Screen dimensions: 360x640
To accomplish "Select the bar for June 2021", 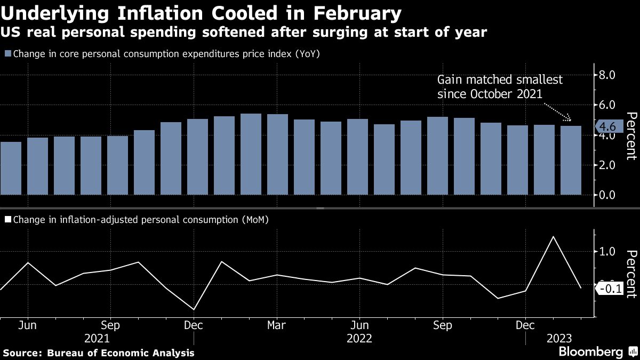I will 37,166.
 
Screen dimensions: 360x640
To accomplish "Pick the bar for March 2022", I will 277,154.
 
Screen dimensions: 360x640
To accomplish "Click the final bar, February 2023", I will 571,160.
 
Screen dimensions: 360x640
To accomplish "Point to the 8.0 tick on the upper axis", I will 609,75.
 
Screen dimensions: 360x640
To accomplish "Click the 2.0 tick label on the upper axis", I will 609,165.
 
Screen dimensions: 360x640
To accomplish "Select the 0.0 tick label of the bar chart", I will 609,195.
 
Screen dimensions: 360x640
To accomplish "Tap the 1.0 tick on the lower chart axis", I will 609,252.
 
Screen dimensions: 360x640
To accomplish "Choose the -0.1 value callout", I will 609,289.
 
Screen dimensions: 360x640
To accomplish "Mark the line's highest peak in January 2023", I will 554,236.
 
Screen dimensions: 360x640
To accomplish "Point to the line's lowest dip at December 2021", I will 193,309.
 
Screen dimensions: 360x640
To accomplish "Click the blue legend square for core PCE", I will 7,54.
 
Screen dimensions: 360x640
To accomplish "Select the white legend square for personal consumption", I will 7,219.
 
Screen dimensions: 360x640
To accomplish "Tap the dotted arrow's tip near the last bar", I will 571,121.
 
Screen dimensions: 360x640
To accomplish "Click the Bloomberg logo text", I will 590,352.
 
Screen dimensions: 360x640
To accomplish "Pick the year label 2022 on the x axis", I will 359,339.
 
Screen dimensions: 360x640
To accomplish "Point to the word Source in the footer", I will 22,353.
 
